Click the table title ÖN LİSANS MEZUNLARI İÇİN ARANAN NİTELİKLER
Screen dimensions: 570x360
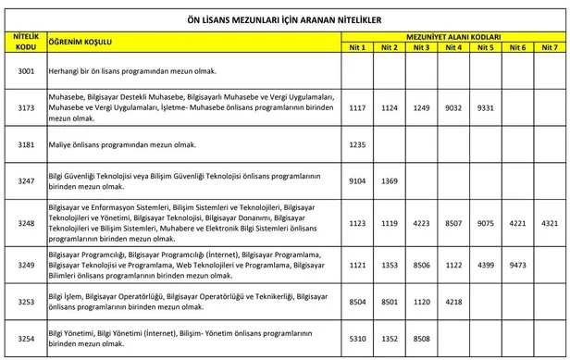coord(284,17)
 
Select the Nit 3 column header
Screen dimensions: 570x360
coord(422,46)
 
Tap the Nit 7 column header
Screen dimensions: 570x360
coord(549,46)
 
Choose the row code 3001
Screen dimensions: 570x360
coord(26,70)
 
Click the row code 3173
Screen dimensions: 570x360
coord(26,107)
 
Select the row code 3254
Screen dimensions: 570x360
coord(26,339)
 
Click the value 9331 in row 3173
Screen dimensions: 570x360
coord(485,107)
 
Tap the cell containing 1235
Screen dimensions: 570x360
coord(358,144)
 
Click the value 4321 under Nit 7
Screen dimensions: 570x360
coord(549,222)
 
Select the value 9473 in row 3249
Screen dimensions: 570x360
coord(516,265)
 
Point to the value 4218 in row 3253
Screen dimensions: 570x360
coord(453,302)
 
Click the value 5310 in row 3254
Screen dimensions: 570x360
coord(358,339)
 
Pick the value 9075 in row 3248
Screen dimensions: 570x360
coord(485,222)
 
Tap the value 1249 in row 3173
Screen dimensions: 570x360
coord(422,107)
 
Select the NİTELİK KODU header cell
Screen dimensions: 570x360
coord(26,41)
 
